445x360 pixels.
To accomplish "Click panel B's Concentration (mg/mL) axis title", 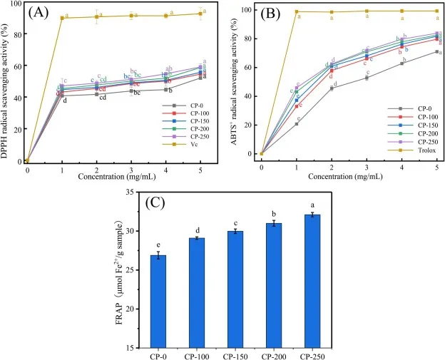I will [x=349, y=176].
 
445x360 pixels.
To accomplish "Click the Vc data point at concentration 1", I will [x=62, y=17].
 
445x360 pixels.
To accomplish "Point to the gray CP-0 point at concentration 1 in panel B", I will [x=297, y=124].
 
